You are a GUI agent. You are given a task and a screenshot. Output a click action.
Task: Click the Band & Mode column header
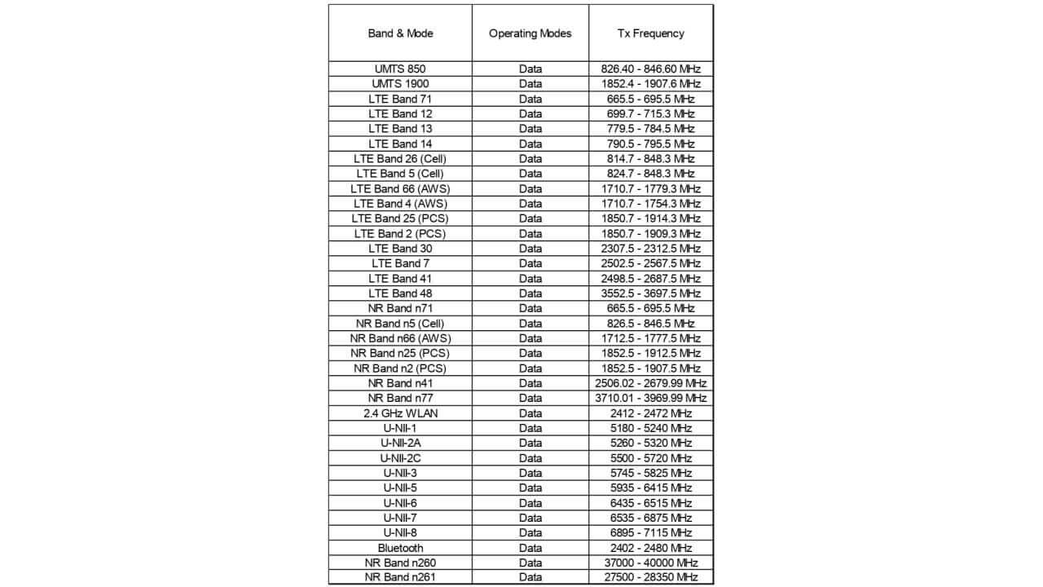[400, 33]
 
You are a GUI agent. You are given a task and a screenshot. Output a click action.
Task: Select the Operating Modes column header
[530, 33]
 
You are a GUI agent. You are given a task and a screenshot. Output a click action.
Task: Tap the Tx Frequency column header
[650, 33]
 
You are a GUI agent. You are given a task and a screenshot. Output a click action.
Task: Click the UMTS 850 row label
[400, 68]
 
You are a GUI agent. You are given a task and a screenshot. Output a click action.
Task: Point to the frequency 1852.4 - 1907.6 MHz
[650, 84]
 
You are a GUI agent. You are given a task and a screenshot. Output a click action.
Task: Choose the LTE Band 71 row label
[400, 99]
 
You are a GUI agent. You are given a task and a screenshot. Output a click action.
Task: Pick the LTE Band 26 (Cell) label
[400, 158]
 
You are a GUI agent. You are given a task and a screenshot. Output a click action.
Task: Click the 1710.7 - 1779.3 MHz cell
[650, 188]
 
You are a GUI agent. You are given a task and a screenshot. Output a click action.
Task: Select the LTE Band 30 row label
[400, 249]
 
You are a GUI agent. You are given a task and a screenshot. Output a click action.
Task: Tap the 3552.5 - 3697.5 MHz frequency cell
[650, 293]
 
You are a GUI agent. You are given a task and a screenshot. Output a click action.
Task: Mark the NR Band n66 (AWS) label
[400, 338]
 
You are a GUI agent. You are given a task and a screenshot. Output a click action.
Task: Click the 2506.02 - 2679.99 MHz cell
[650, 383]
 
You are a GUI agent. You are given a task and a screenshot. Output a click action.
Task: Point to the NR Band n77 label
[400, 398]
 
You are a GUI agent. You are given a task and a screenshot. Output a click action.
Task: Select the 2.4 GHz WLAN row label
[400, 413]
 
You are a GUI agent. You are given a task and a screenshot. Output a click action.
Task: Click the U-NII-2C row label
[400, 458]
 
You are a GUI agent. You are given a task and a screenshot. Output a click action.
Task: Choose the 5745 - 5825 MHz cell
[650, 473]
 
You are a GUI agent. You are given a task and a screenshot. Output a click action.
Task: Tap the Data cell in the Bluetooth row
[530, 548]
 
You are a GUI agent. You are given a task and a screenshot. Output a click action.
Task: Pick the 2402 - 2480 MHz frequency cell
[650, 548]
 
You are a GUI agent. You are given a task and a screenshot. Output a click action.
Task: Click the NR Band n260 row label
[400, 563]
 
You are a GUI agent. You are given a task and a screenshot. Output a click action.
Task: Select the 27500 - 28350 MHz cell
[650, 578]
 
